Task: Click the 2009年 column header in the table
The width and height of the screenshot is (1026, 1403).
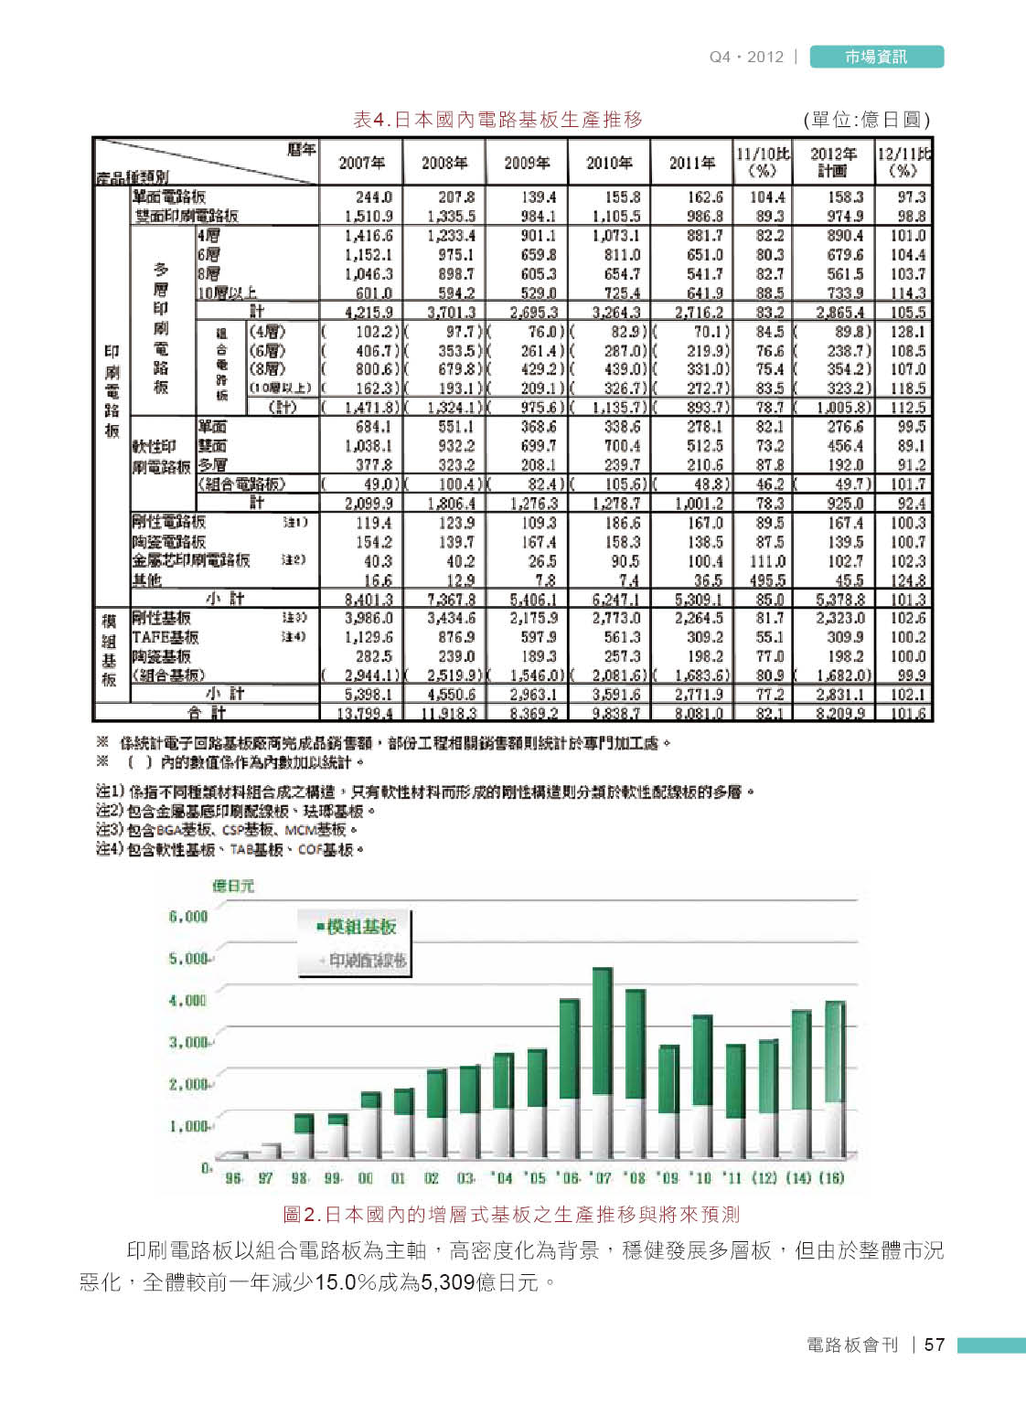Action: tap(527, 163)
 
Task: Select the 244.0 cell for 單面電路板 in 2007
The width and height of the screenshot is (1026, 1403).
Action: tap(374, 197)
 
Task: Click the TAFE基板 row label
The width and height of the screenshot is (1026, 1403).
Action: tap(166, 637)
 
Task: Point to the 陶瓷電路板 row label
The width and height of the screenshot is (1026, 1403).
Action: tap(168, 542)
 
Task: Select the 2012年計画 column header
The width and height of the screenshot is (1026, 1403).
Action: tap(832, 162)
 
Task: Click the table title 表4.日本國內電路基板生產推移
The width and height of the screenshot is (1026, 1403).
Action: tap(497, 120)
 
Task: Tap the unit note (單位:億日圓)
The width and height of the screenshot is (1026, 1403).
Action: tap(866, 120)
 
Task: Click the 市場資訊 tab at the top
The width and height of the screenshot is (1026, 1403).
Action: tap(876, 57)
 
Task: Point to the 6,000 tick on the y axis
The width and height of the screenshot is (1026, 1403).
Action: tap(188, 917)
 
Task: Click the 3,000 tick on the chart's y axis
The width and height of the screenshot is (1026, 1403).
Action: tap(188, 1042)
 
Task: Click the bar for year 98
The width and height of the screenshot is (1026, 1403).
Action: tap(304, 1136)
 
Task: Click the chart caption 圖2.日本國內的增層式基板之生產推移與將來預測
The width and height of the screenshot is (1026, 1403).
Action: tap(511, 1215)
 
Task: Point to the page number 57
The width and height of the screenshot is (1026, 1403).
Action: tap(934, 1345)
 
